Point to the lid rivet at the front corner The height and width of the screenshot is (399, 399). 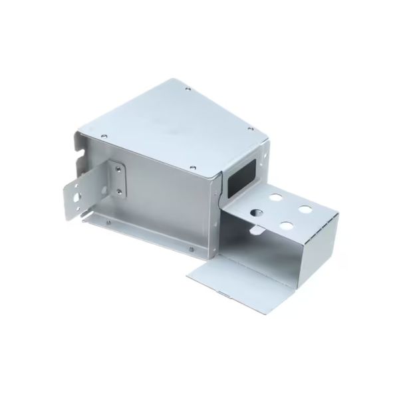pyautogui.click(x=192, y=166)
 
